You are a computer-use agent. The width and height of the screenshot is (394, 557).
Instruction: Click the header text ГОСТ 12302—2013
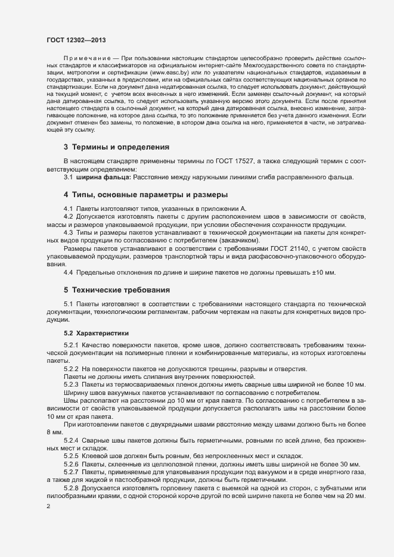[77, 40]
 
